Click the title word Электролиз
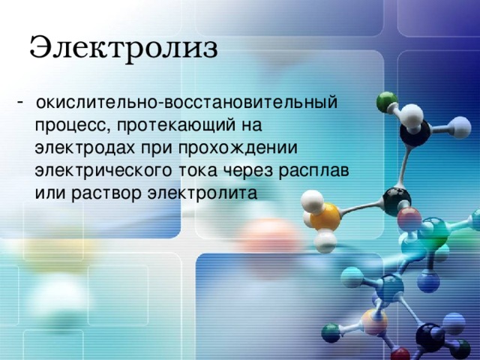coord(124,47)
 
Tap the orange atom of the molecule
coord(325,217)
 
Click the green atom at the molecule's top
coord(387,101)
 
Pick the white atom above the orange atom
coord(312,201)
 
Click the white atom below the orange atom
coord(325,241)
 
